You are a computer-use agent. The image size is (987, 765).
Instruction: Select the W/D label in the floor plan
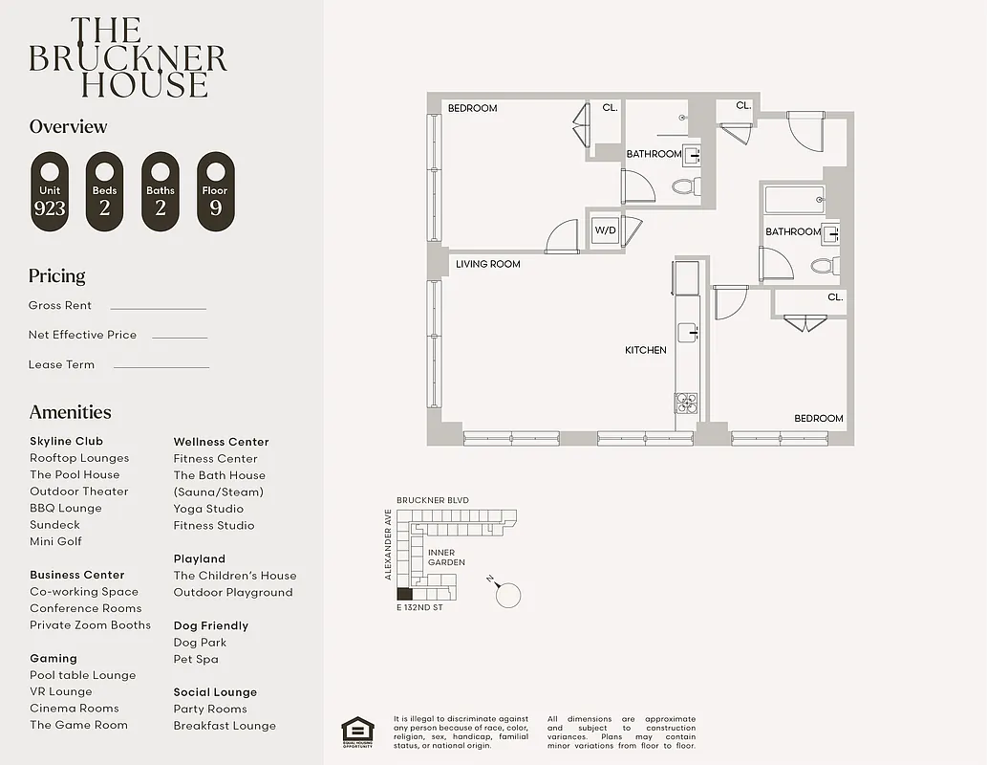(x=605, y=230)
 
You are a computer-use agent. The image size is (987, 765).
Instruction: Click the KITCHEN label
(x=646, y=350)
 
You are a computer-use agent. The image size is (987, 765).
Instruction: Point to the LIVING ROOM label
(x=487, y=264)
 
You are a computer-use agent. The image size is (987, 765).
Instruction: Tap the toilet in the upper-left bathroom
(x=685, y=186)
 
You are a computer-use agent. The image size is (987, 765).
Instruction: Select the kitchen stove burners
(x=686, y=403)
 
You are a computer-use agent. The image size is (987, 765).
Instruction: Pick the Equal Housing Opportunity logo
(x=356, y=731)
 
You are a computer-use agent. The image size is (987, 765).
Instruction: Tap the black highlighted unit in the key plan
(x=404, y=594)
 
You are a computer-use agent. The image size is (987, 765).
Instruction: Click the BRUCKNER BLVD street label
(x=433, y=500)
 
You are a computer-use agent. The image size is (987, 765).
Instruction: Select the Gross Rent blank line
(x=158, y=308)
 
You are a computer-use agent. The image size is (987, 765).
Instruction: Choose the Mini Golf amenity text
(x=55, y=541)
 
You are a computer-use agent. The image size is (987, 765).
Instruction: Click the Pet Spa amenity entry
(x=196, y=659)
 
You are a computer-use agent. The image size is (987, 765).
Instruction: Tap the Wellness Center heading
(x=221, y=442)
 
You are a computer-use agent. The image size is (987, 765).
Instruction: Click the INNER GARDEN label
(x=446, y=557)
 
